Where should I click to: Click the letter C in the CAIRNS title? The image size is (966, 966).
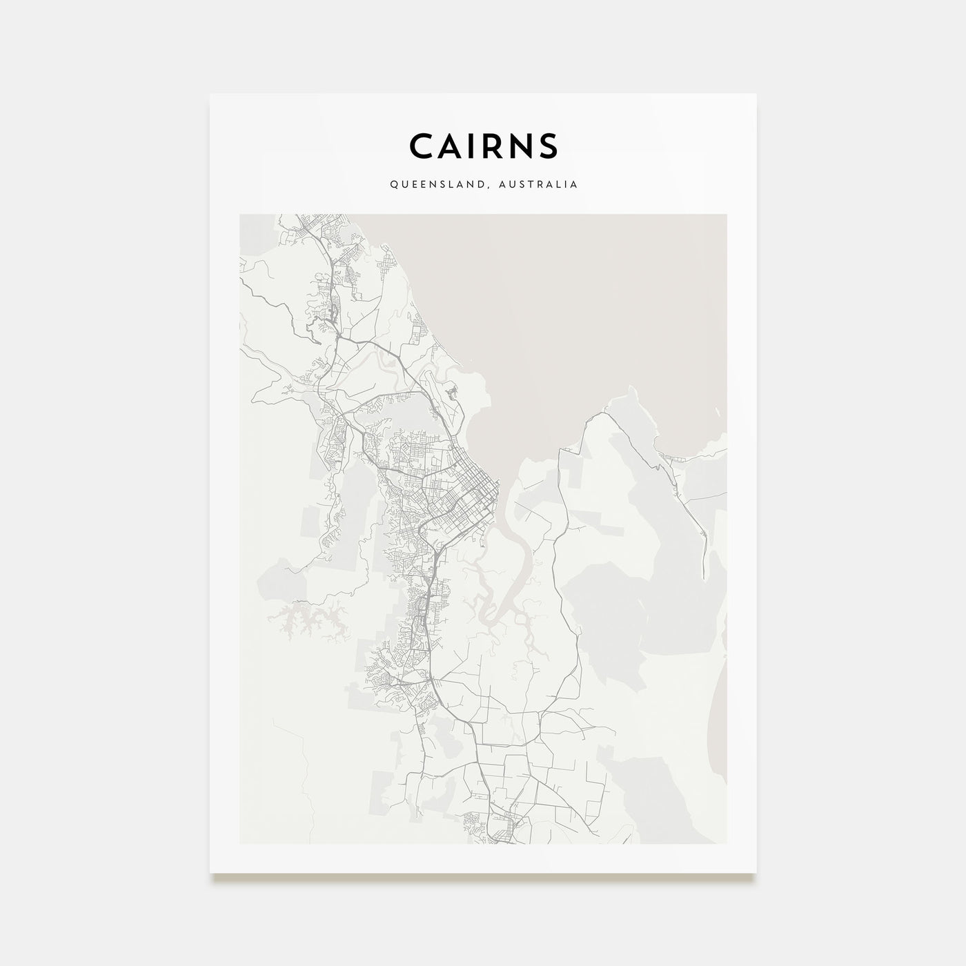pyautogui.click(x=422, y=146)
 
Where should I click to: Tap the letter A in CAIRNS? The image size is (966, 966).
pyautogui.click(x=453, y=146)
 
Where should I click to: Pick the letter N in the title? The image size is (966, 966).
pyautogui.click(x=522, y=146)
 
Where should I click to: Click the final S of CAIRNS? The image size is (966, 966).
pyautogui.click(x=549, y=146)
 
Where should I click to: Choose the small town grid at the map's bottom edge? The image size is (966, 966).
pyautogui.click(x=504, y=825)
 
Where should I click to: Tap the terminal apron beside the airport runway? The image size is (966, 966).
pyautogui.click(x=453, y=393)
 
